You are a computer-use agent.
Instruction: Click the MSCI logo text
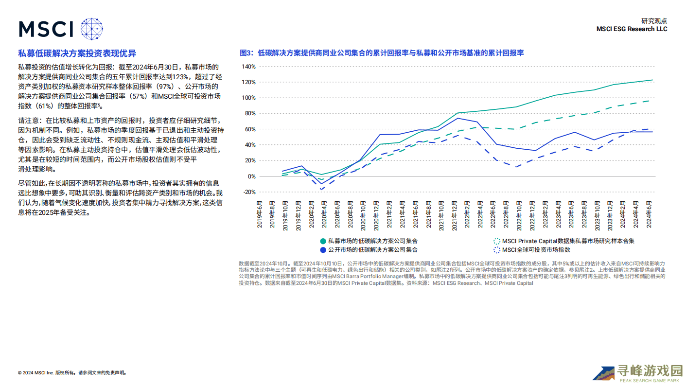coord(46,29)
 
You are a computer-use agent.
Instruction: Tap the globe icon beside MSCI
coord(92,29)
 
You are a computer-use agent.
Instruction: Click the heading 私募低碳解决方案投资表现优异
coord(77,53)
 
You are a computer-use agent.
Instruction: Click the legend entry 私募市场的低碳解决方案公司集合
coord(372,241)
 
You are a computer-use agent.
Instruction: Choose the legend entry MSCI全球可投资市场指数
coord(536,250)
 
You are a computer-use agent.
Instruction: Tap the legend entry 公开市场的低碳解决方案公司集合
coord(372,250)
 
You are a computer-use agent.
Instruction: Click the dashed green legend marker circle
coord(496,241)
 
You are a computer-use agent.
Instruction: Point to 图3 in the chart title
coord(246,53)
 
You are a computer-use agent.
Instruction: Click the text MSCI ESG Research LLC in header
coord(632,29)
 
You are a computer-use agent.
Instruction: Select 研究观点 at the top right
coord(654,21)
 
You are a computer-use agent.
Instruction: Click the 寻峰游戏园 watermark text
coord(650,371)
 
